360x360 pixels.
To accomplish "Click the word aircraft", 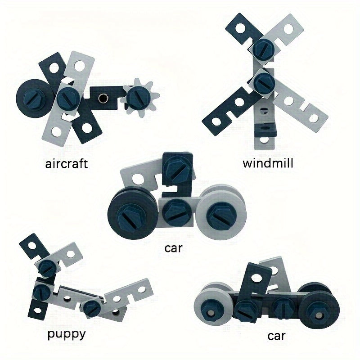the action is click(x=66, y=164).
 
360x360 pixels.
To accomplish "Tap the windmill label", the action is click(x=268, y=163).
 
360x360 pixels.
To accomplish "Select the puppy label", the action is click(x=67, y=334).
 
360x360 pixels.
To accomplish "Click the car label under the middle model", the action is click(x=173, y=248).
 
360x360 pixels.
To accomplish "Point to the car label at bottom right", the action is click(x=276, y=336).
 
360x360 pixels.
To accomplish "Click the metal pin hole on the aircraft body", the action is click(x=103, y=99).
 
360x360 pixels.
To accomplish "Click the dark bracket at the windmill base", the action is click(x=266, y=130).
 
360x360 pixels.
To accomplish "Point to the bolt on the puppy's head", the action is click(x=47, y=267).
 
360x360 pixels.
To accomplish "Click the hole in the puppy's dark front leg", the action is click(x=37, y=311).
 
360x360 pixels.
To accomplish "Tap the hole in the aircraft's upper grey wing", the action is click(x=80, y=66).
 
